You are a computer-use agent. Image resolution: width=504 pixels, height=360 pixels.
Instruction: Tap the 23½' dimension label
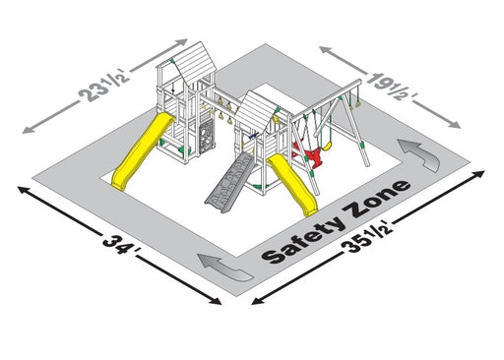pos(104,87)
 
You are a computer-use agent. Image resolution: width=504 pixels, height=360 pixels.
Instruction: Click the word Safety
pos(303,239)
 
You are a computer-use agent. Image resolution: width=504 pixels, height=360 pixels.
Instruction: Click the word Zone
pos(377,199)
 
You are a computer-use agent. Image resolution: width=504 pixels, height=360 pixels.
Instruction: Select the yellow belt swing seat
pos(326,146)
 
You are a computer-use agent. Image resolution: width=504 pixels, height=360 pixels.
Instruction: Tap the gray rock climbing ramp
pos(229,184)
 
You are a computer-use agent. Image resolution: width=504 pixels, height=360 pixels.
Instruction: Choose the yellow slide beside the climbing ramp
pos(292,184)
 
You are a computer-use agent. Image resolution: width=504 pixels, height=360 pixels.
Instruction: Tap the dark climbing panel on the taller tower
pos(207,137)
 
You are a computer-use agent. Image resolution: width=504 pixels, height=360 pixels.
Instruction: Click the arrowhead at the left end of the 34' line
pos(23,190)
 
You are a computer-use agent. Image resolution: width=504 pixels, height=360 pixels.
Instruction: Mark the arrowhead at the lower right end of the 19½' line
pos(455,125)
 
